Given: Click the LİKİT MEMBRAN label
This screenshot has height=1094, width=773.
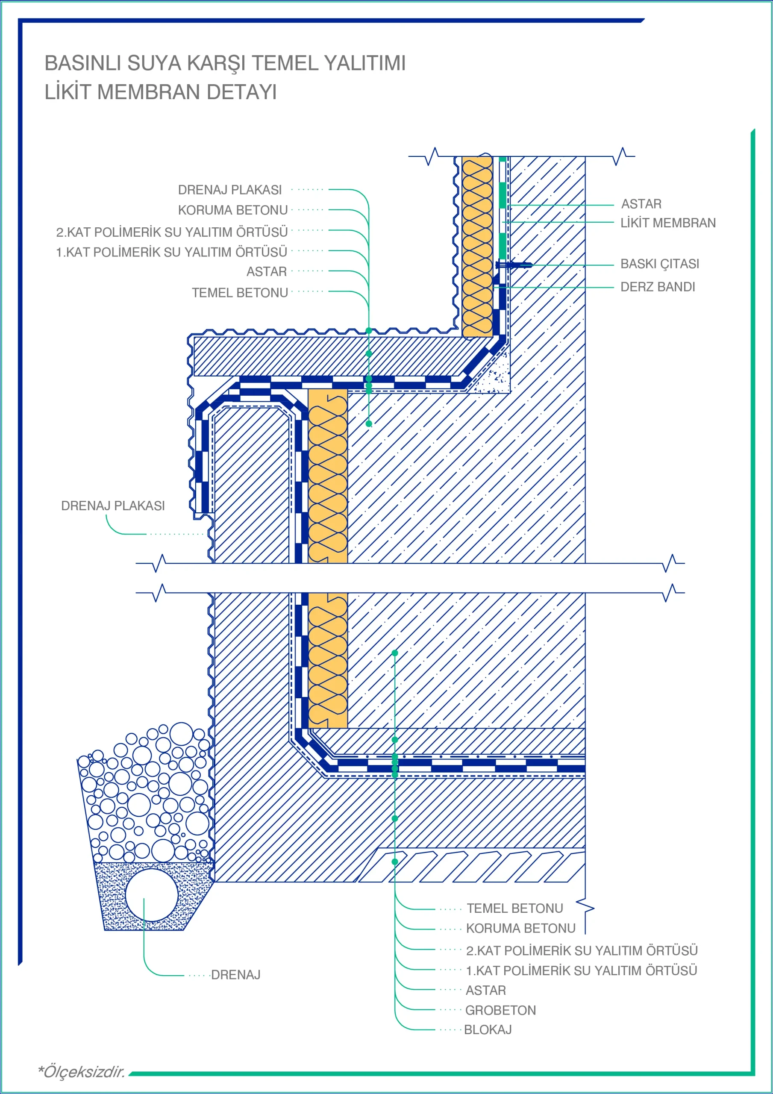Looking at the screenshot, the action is (x=668, y=223).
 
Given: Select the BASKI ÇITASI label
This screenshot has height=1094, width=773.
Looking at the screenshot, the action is (x=660, y=264).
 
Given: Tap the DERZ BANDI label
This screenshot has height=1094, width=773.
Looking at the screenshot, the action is (x=658, y=287).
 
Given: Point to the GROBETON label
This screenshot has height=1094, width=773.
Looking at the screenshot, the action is (x=500, y=1010).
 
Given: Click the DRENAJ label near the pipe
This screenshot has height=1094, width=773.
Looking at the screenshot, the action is (x=235, y=974).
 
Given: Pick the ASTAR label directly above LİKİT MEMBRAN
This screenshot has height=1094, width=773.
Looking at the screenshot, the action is (x=641, y=204).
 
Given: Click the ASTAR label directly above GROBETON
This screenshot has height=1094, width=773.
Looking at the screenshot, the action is (x=485, y=990).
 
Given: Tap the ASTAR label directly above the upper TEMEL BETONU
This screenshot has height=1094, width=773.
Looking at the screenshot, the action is (x=266, y=272).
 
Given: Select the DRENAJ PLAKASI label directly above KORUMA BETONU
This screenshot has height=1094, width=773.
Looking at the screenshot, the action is (x=230, y=190).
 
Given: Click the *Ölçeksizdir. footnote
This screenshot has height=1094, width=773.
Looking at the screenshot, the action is (x=82, y=1072).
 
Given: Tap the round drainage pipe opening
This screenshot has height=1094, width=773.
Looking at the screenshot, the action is (x=152, y=895).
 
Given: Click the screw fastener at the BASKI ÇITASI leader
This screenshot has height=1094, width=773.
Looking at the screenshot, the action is (x=514, y=265).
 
